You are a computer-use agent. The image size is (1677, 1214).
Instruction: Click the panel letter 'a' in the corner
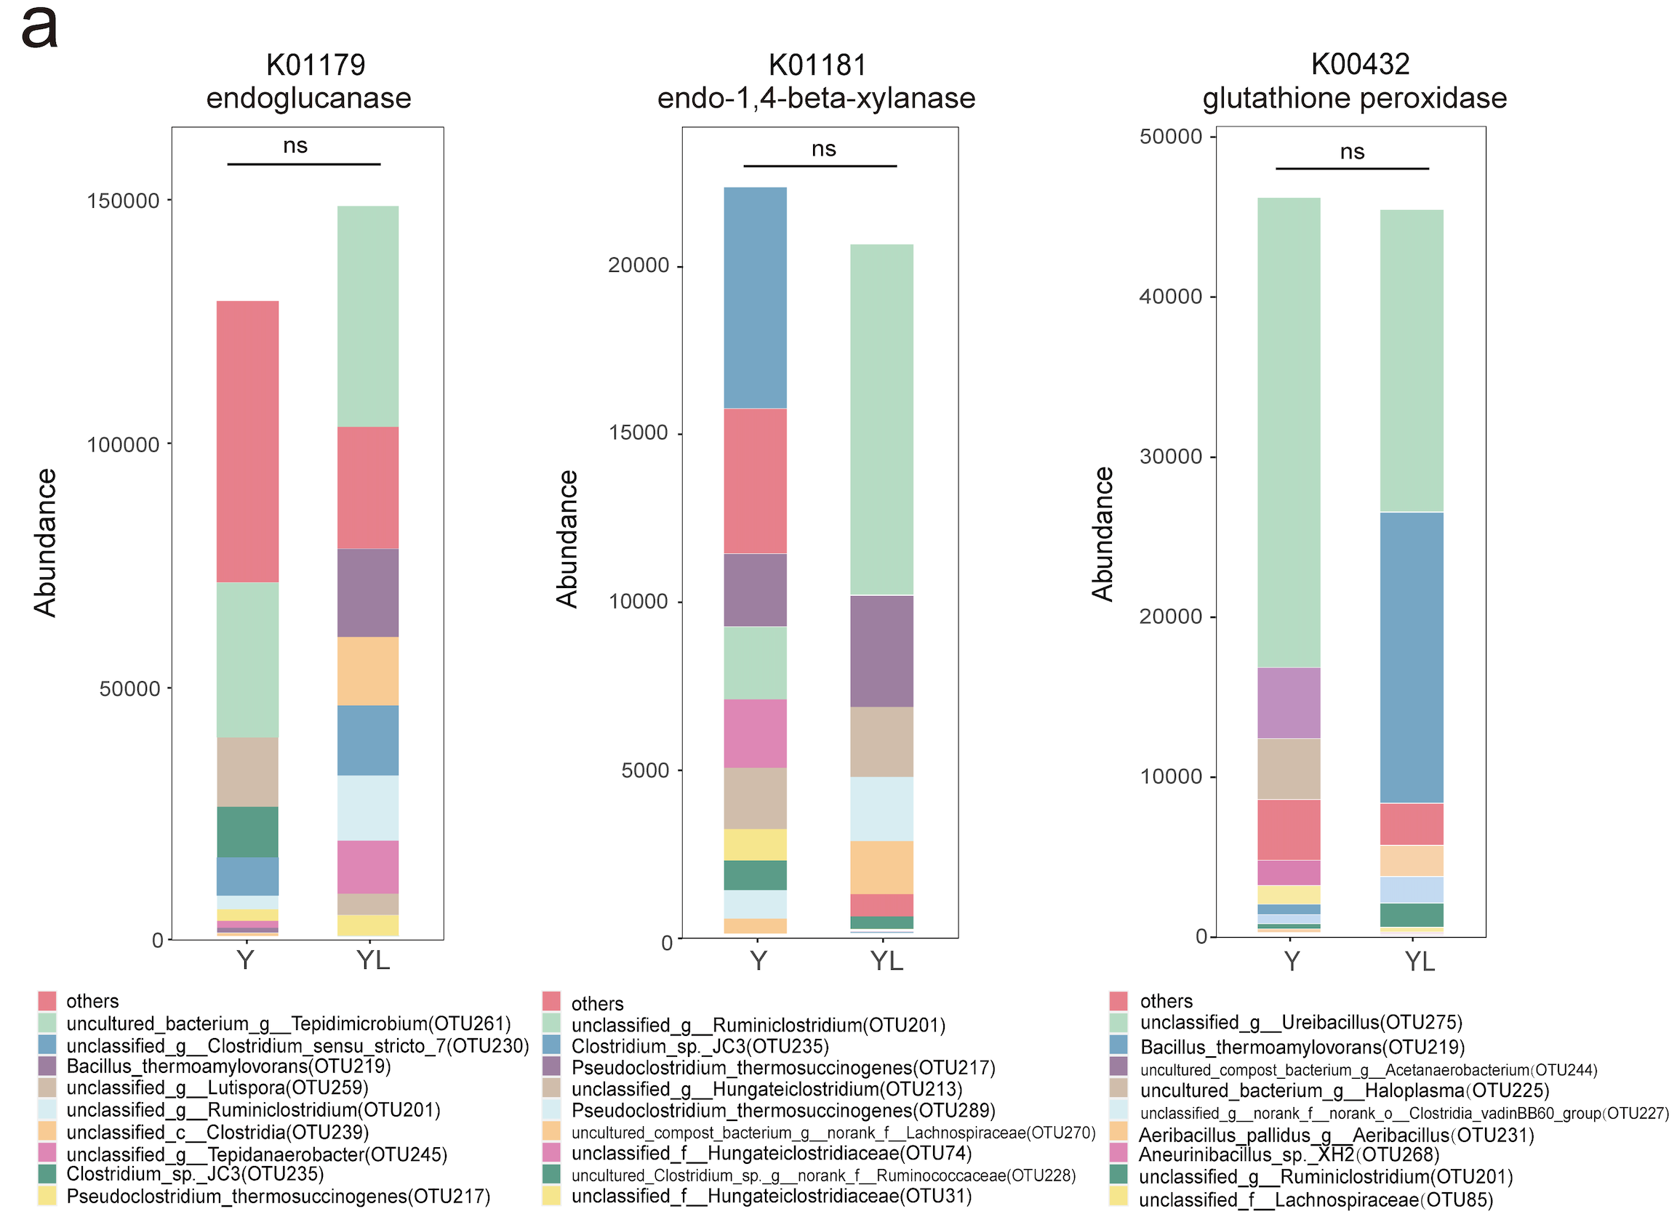pyautogui.click(x=39, y=30)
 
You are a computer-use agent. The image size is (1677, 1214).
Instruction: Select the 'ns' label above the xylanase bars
pyautogui.click(x=823, y=149)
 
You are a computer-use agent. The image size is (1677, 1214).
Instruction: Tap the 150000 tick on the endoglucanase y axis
pyautogui.click(x=124, y=201)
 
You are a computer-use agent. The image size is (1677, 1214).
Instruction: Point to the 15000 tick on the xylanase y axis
pyautogui.click(x=638, y=433)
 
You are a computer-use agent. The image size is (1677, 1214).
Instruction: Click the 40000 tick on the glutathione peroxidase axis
pyautogui.click(x=1171, y=297)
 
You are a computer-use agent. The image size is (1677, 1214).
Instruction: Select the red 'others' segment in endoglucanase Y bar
pyautogui.click(x=248, y=441)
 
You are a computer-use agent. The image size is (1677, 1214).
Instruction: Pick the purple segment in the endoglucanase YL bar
pyautogui.click(x=367, y=593)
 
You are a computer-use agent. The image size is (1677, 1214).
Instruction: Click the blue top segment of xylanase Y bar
pyautogui.click(x=755, y=297)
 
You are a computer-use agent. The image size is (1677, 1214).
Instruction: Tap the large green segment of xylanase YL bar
pyautogui.click(x=881, y=419)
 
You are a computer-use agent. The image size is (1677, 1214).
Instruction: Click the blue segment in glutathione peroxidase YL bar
pyautogui.click(x=1411, y=657)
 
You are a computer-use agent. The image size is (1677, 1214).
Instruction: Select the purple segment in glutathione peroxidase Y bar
pyautogui.click(x=1289, y=703)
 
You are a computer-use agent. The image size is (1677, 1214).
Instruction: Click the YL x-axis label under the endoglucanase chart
pyautogui.click(x=372, y=960)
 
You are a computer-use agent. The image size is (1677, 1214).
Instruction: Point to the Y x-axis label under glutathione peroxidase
pyautogui.click(x=1291, y=962)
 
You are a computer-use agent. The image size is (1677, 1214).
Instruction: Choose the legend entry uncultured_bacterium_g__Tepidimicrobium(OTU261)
pyautogui.click(x=289, y=1024)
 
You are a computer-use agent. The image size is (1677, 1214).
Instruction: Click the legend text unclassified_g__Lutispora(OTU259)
pyautogui.click(x=217, y=1088)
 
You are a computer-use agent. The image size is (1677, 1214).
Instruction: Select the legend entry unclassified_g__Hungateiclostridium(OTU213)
pyautogui.click(x=767, y=1090)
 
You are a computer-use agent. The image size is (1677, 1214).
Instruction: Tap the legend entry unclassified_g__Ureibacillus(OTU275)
pyautogui.click(x=1300, y=1023)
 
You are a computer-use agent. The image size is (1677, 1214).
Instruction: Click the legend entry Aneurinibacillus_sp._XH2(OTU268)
pyautogui.click(x=1289, y=1155)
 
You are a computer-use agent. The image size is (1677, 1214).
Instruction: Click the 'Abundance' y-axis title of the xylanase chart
pyautogui.click(x=567, y=539)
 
